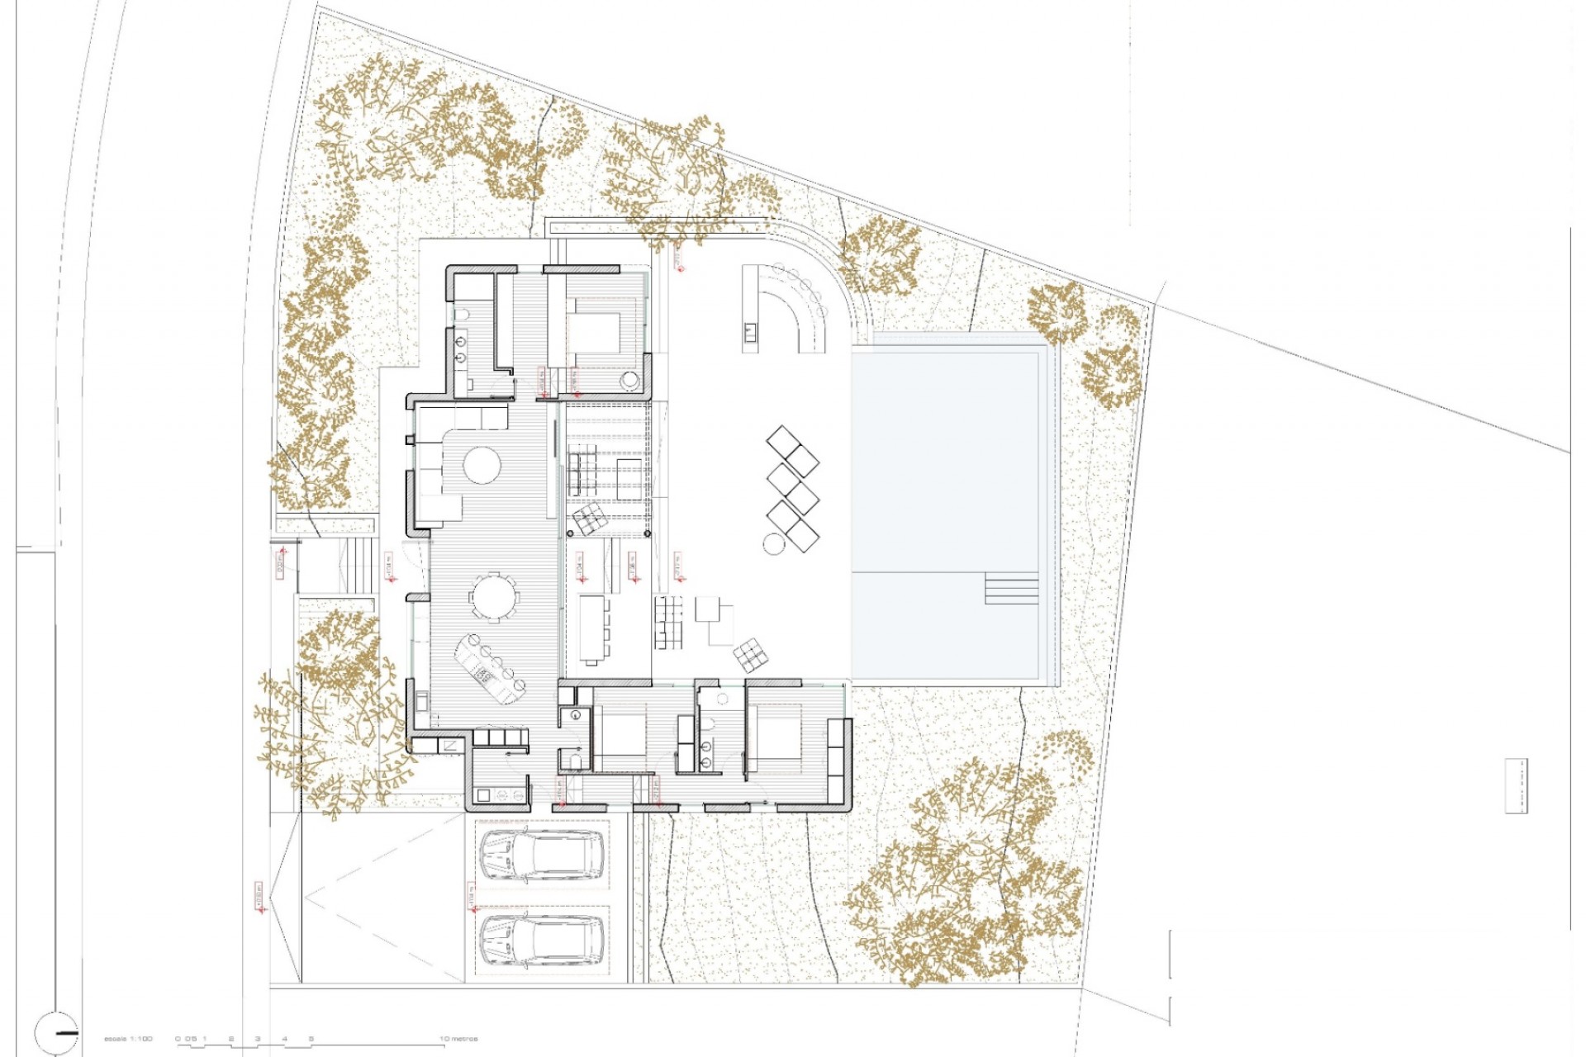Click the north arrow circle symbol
tap(57, 1032)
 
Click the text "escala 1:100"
tap(128, 1039)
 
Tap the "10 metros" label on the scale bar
tap(458, 1039)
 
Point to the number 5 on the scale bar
tap(311, 1039)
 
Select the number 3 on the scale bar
tap(258, 1039)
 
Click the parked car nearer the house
tap(541, 856)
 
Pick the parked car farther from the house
tap(541, 941)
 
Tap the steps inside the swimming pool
tap(1011, 589)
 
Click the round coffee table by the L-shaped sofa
tap(482, 466)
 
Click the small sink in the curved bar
tap(750, 333)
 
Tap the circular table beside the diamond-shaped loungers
tap(773, 543)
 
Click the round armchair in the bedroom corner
tap(630, 381)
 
